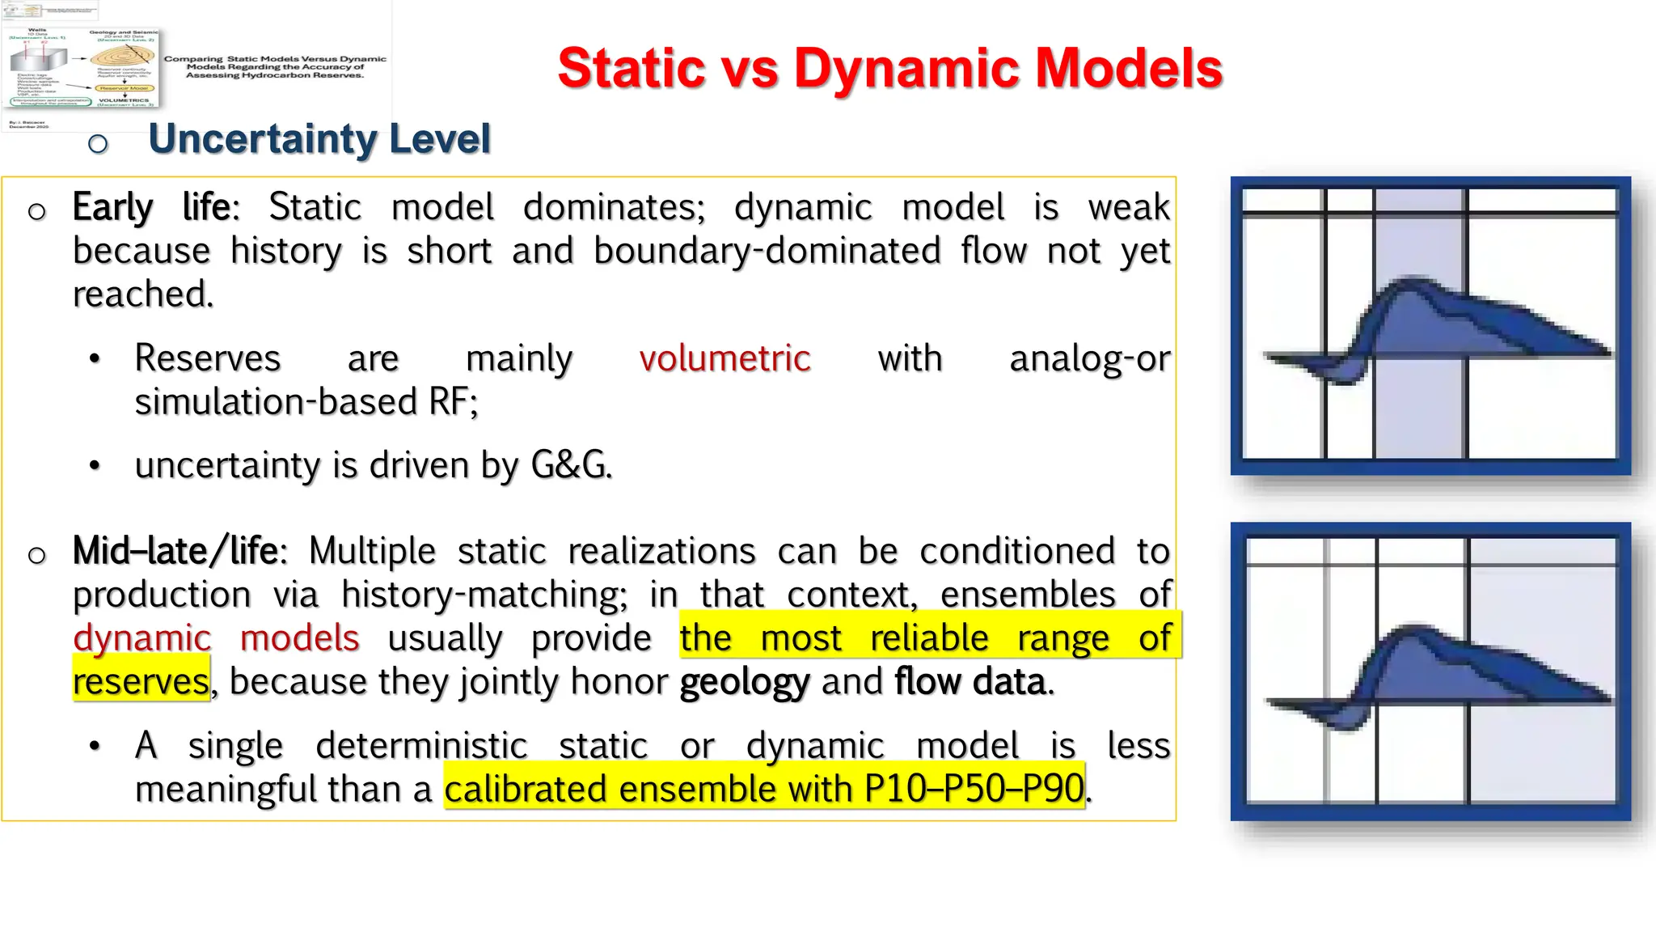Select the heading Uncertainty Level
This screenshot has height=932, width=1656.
tap(319, 138)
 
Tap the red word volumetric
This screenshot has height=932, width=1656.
tap(724, 358)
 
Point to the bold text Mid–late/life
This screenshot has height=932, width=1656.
tap(175, 552)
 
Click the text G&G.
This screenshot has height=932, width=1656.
tap(571, 465)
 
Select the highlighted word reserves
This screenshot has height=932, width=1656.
tap(142, 681)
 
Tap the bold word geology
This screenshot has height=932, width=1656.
tap(744, 681)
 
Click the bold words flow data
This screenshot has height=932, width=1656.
tap(971, 681)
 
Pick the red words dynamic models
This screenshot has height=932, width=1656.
tap(216, 638)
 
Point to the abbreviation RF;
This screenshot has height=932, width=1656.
tap(454, 402)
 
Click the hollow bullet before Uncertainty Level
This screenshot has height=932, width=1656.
tap(98, 144)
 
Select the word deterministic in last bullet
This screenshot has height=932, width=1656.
tap(421, 746)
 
